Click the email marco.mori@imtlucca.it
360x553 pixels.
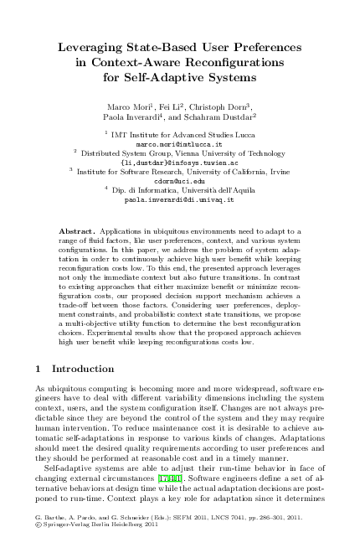(x=179, y=142)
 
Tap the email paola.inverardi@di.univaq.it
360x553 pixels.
(x=179, y=201)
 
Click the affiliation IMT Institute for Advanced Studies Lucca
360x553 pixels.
(x=183, y=133)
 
